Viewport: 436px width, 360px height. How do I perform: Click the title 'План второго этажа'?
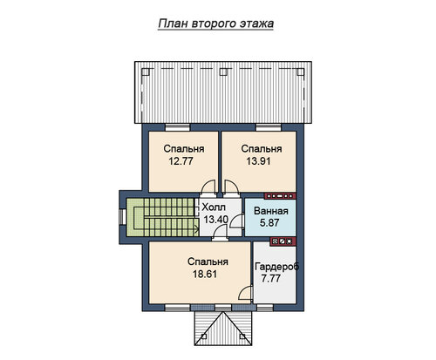(216, 24)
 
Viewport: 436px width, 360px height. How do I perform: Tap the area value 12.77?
(181, 161)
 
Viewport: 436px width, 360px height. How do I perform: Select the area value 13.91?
(258, 161)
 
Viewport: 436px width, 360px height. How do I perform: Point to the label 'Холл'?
(214, 207)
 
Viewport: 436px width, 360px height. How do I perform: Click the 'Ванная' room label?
(271, 211)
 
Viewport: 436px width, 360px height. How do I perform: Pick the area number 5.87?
(269, 223)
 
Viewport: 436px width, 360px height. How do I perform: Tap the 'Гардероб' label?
(276, 267)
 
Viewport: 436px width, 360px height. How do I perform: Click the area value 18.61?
(205, 274)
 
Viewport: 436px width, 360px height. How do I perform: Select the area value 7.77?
(270, 278)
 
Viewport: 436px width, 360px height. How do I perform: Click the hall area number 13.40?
(215, 220)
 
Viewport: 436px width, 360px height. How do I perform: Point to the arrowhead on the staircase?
(197, 228)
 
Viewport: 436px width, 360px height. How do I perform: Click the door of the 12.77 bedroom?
(208, 187)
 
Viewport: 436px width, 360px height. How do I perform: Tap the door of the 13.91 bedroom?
(232, 187)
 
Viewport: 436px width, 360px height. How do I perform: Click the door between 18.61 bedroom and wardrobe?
(245, 292)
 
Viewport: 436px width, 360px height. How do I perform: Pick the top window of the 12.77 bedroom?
(177, 127)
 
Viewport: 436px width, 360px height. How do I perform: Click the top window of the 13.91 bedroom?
(269, 127)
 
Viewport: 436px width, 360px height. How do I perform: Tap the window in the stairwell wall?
(122, 217)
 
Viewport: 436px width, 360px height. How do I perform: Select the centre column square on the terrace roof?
(223, 71)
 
